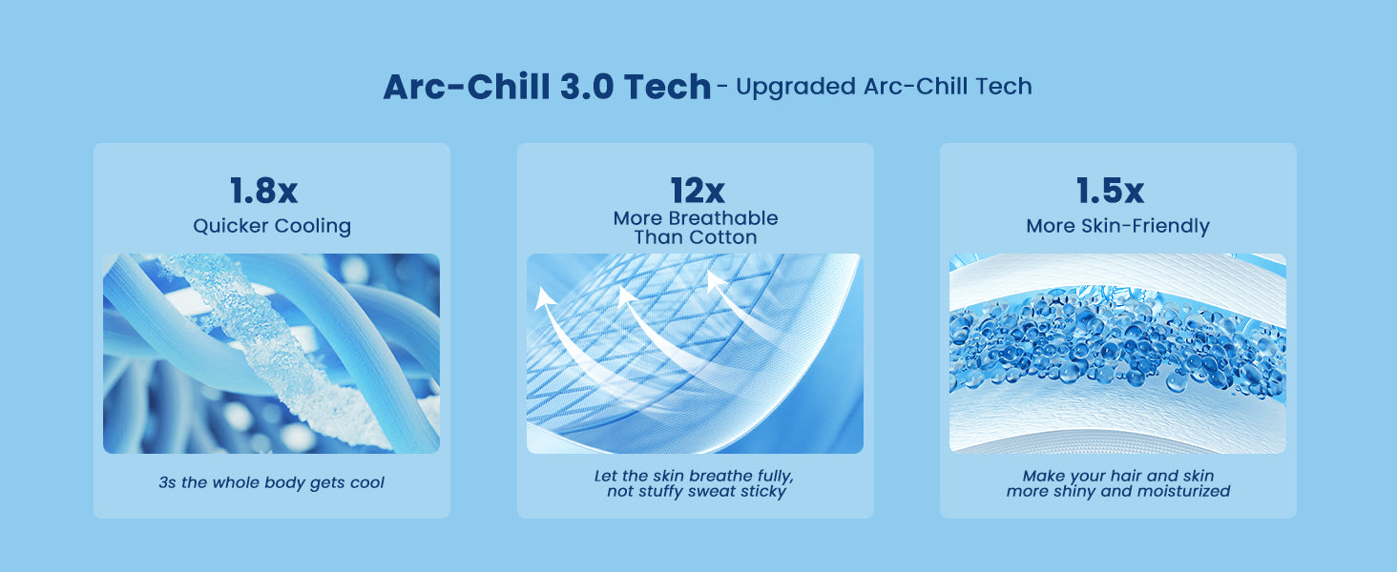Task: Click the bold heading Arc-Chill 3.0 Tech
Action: pos(547,87)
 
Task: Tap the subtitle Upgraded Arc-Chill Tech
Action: pos(884,87)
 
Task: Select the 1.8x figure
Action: pos(263,190)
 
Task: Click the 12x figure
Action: pos(698,190)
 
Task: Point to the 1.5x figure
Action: pos(1110,190)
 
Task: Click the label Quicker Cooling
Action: pos(272,226)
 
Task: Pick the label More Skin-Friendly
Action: pos(1117,226)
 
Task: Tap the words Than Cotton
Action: pos(696,237)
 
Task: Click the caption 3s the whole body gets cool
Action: pos(271,482)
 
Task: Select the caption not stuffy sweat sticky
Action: pos(696,492)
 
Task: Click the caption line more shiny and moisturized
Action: pos(1117,492)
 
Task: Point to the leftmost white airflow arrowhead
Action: pos(545,298)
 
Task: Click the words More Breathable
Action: pos(696,218)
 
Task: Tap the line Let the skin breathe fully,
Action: pos(694,476)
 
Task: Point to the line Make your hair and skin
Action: pos(1117,476)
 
